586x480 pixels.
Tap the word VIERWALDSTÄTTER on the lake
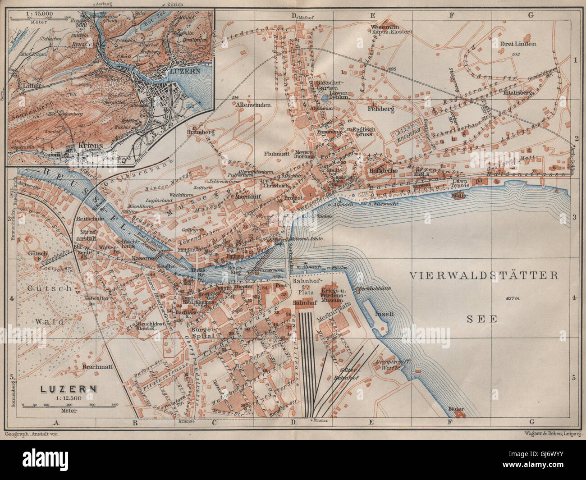pos(484,275)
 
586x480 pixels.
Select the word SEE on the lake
pos(481,319)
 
